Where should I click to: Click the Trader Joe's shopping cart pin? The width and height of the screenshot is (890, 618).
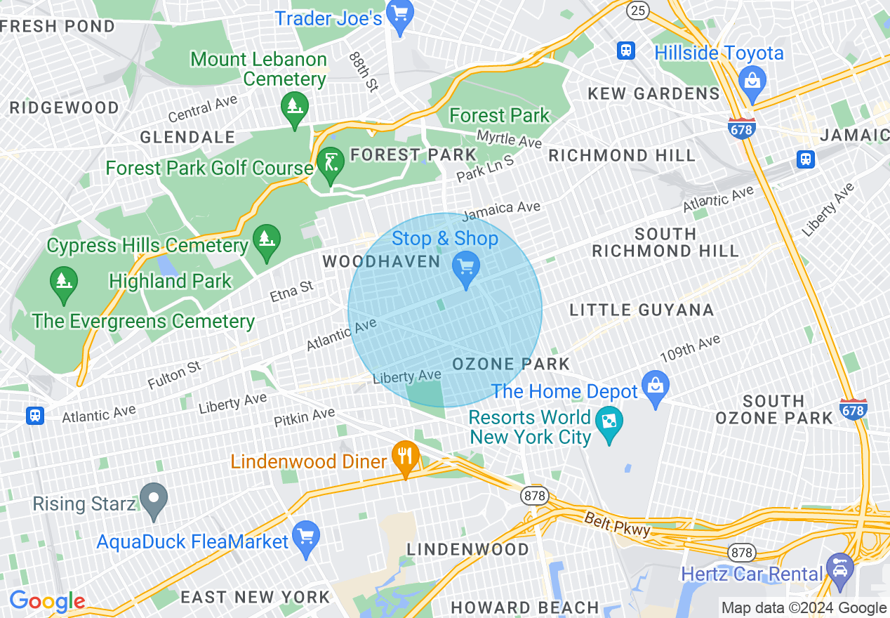pyautogui.click(x=400, y=15)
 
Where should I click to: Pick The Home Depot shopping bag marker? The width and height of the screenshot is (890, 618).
pyautogui.click(x=656, y=387)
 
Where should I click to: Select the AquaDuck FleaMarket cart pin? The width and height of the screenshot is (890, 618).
pyautogui.click(x=306, y=537)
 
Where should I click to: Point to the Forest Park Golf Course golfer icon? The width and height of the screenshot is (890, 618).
pyautogui.click(x=330, y=164)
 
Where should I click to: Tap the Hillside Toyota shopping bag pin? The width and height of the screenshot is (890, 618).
pyautogui.click(x=752, y=80)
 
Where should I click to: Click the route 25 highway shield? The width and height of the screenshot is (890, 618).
pyautogui.click(x=637, y=9)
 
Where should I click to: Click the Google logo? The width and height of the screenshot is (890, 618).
pyautogui.click(x=46, y=602)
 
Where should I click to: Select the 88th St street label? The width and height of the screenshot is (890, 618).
pyautogui.click(x=364, y=70)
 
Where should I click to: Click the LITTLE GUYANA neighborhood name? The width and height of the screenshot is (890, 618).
pyautogui.click(x=642, y=310)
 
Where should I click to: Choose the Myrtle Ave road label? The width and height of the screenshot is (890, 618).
pyautogui.click(x=509, y=138)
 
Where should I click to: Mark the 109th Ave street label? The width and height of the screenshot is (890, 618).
pyautogui.click(x=690, y=348)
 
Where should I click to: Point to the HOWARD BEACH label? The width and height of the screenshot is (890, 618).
pyautogui.click(x=524, y=607)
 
